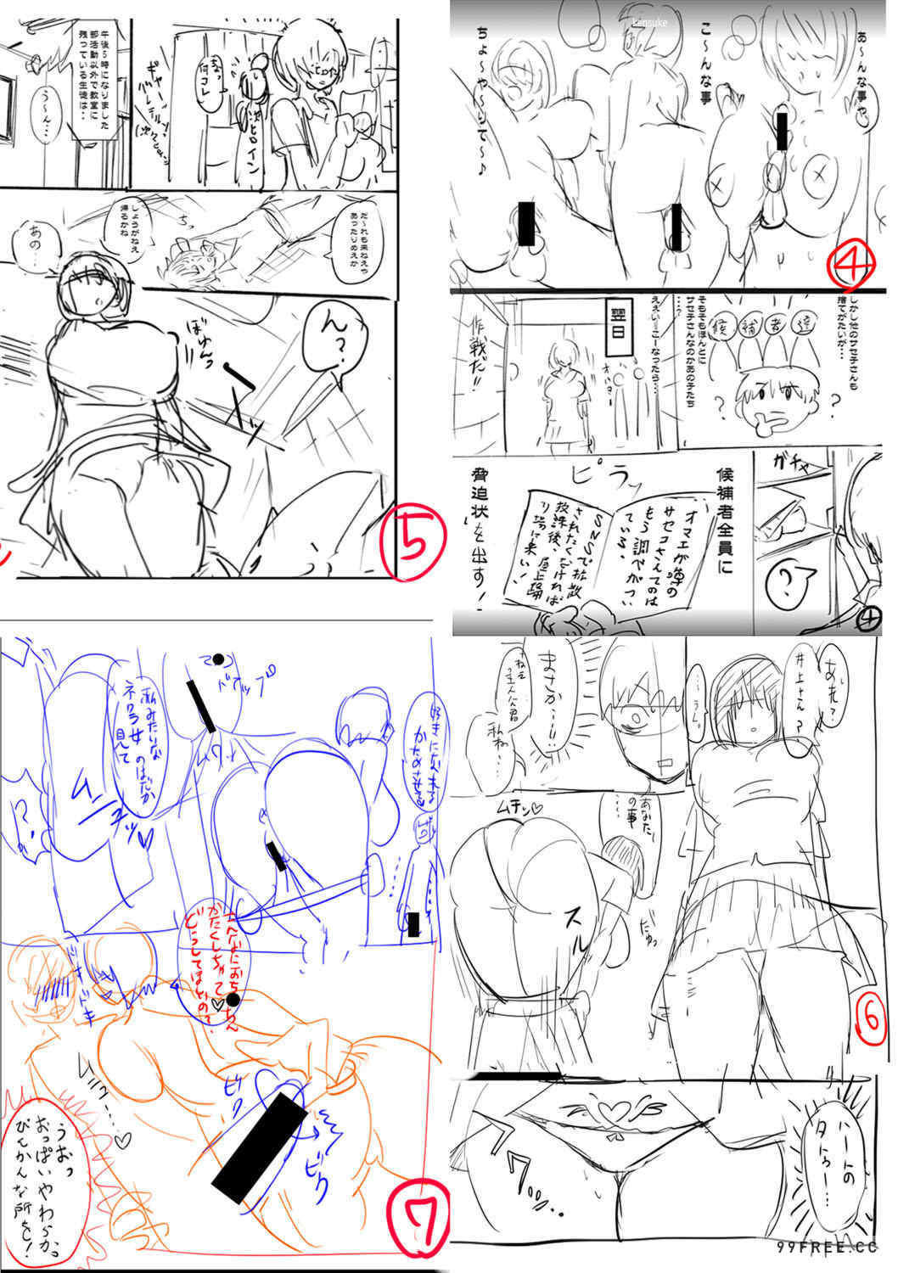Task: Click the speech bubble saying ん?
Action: pyautogui.click(x=334, y=349)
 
